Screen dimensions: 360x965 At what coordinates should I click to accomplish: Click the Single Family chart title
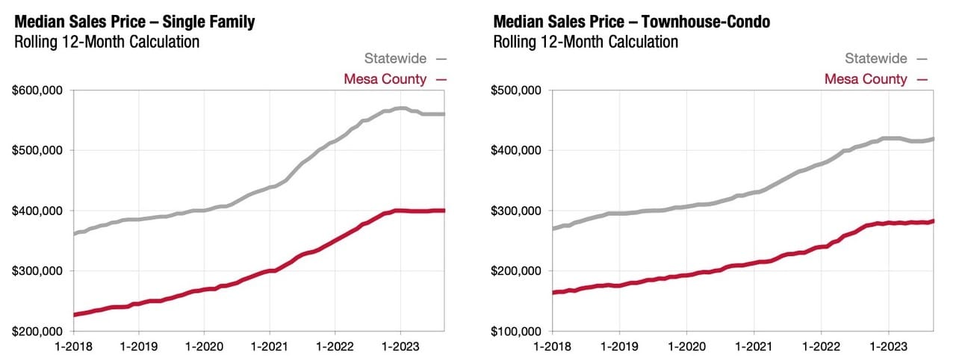(134, 22)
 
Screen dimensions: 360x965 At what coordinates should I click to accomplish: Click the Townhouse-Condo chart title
(631, 22)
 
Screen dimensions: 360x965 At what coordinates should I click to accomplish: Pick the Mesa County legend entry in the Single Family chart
(385, 79)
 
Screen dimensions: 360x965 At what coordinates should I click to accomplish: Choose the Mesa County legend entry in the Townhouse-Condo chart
(866, 79)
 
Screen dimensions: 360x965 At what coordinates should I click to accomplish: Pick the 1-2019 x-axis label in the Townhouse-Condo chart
(618, 347)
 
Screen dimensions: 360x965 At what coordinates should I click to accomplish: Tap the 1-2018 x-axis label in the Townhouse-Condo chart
(553, 347)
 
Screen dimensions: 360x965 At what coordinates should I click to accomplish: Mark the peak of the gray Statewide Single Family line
(402, 108)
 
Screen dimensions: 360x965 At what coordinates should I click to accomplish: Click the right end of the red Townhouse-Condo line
(934, 220)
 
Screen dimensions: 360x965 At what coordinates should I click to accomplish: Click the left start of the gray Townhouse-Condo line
(553, 229)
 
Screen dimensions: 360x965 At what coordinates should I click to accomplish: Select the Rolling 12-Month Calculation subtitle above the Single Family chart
(107, 42)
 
